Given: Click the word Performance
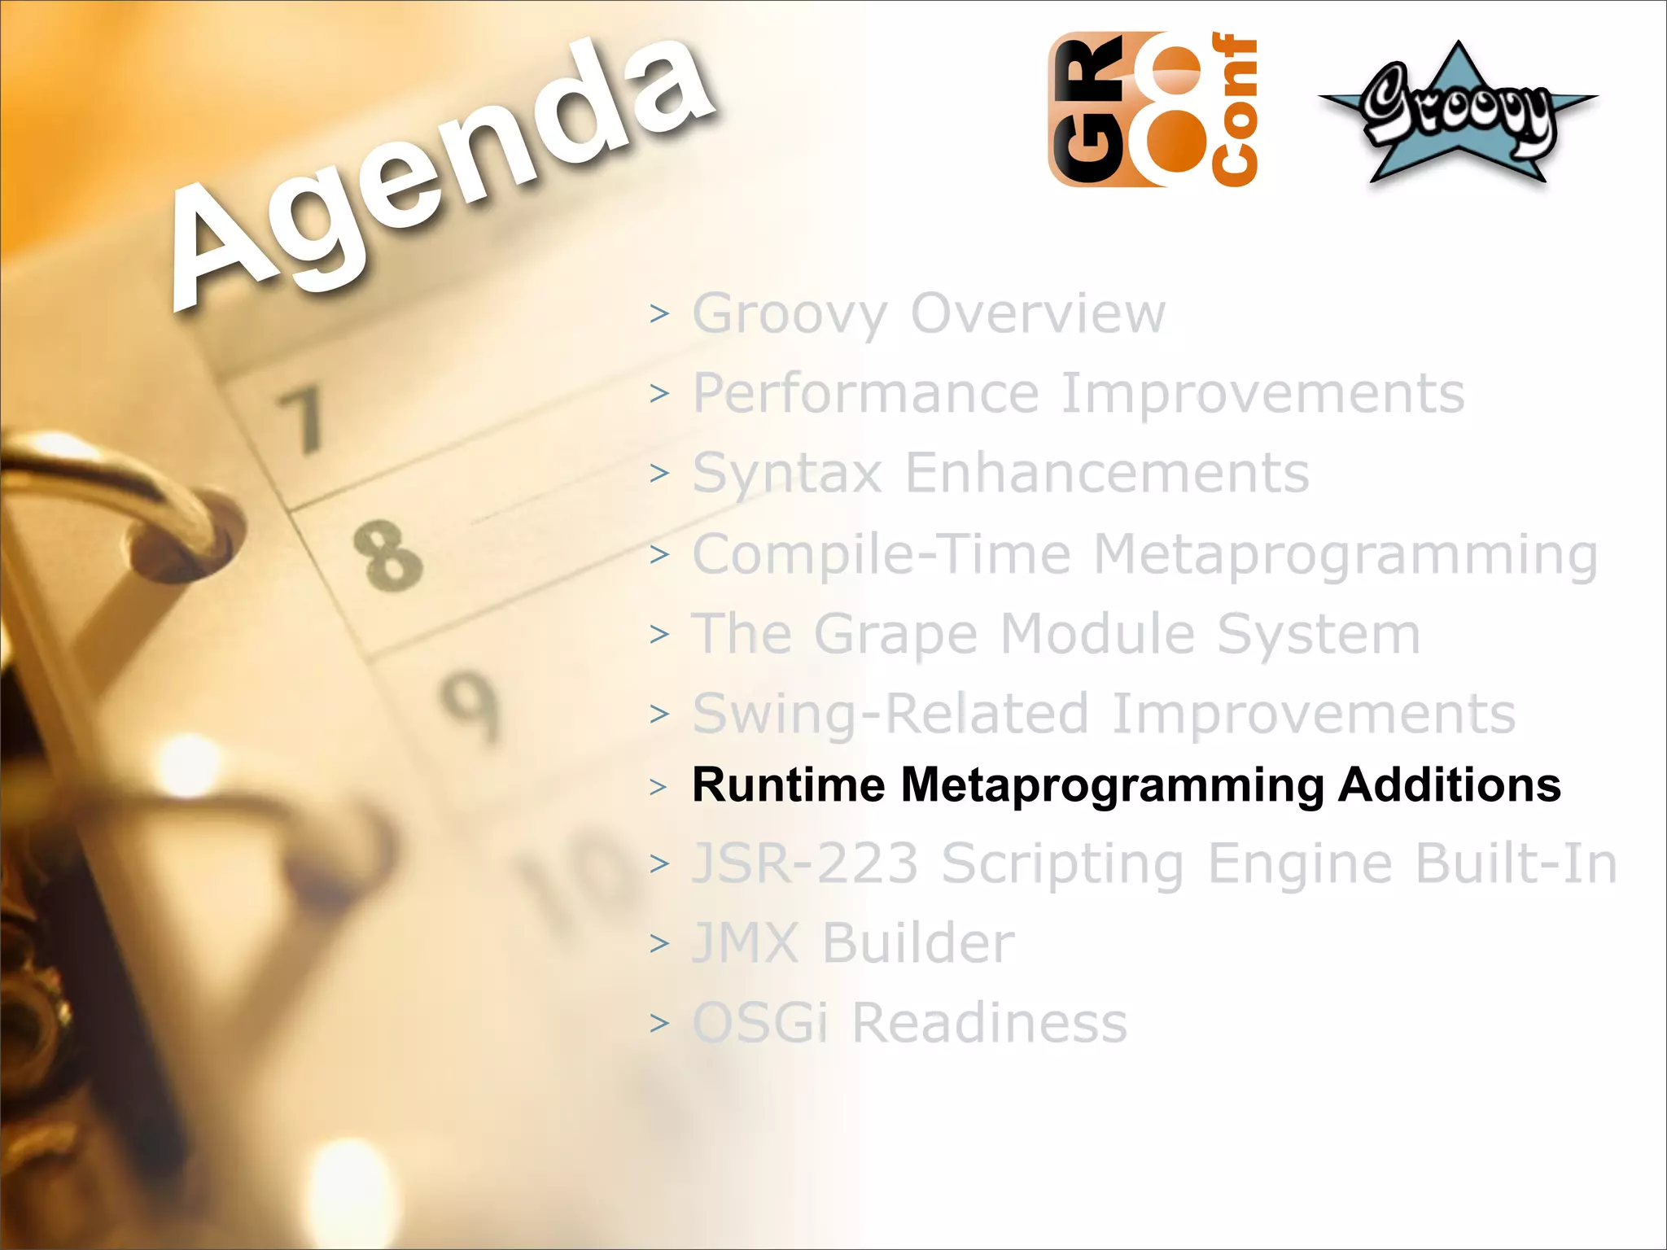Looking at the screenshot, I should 866,394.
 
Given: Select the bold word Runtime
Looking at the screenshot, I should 788,785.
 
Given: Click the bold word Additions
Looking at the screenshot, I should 1450,785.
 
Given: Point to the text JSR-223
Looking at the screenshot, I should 805,863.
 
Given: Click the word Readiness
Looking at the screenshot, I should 989,1022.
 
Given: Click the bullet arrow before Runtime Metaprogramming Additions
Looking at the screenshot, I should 658,787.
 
